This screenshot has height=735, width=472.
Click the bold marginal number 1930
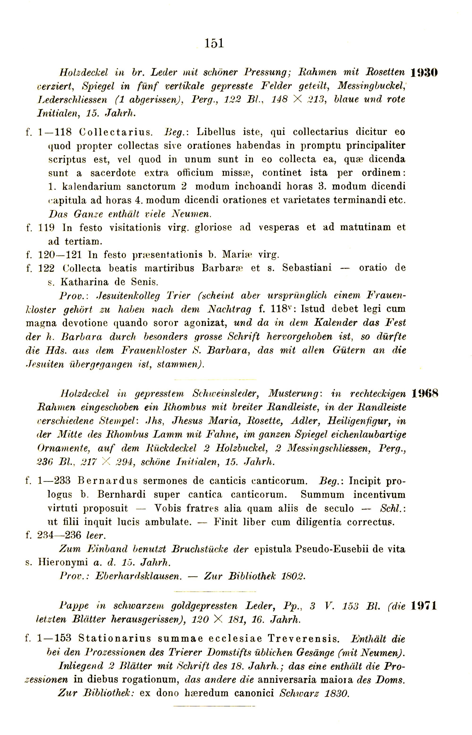[424, 73]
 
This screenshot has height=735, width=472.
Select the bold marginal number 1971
[424, 606]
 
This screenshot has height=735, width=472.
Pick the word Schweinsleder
[226, 394]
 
